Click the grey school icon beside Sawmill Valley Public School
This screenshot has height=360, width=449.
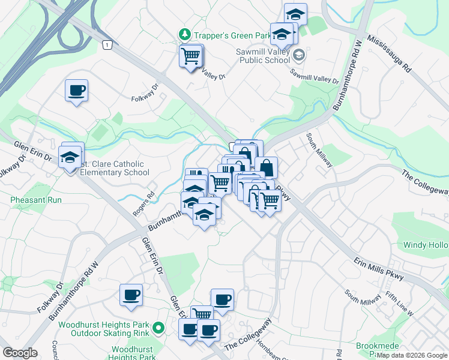299,55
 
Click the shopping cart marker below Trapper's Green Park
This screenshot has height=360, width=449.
190,56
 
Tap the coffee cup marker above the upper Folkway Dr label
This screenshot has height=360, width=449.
77,91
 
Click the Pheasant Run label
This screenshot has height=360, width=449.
32,199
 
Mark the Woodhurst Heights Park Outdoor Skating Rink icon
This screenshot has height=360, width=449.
158,328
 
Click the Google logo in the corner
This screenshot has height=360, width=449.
20,352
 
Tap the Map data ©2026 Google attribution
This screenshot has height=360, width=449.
412,355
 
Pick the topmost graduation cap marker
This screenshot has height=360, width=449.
295,14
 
